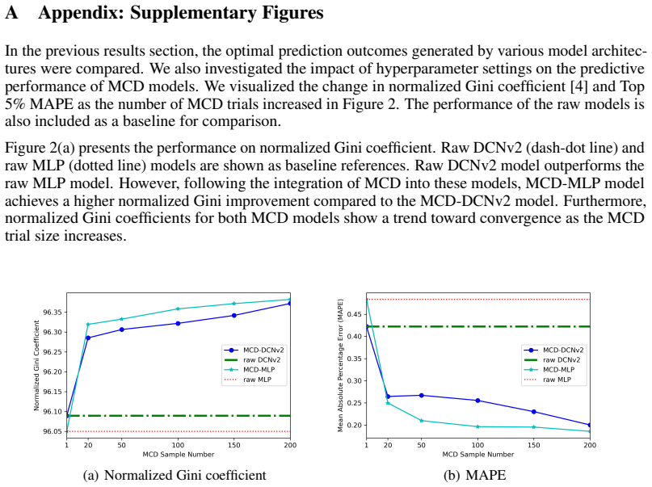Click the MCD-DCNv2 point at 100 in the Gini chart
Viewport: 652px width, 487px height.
178,323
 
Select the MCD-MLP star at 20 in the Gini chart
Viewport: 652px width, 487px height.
88,324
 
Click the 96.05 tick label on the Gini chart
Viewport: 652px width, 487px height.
53,432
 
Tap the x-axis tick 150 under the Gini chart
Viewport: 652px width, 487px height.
234,445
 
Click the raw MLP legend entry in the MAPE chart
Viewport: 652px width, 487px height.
548,380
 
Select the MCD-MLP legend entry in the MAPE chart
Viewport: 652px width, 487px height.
549,369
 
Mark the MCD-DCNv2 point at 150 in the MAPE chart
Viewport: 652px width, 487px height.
534,412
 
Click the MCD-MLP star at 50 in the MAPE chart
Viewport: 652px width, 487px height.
421,421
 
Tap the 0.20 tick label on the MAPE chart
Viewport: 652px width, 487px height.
355,425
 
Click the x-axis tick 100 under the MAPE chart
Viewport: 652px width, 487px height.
477,445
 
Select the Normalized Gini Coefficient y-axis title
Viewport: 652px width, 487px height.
36,366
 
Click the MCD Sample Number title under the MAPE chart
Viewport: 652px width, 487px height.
477,455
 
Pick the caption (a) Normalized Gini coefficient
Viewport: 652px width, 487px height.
175,475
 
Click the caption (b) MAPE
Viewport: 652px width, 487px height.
475,475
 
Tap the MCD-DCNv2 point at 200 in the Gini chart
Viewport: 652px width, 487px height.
289,304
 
